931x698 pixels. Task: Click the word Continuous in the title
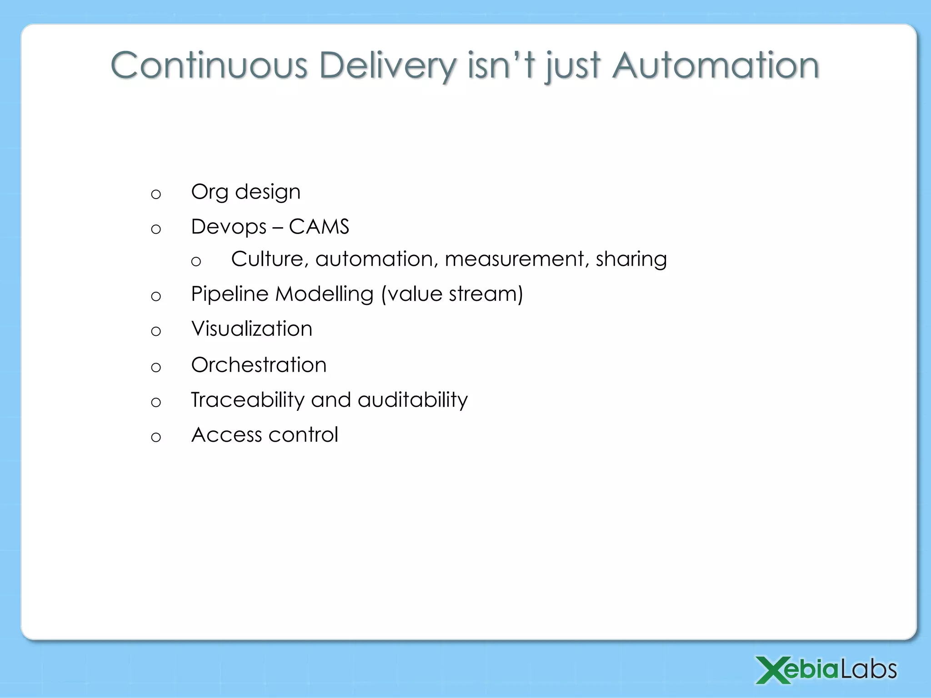click(209, 66)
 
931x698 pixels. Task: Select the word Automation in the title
click(716, 66)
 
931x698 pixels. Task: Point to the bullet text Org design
click(245, 192)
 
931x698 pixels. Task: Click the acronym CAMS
click(319, 227)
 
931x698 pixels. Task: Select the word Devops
click(229, 227)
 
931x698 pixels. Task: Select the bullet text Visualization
click(251, 329)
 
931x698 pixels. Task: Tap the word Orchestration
click(259, 365)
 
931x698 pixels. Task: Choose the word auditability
click(412, 400)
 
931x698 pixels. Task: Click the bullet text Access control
click(265, 435)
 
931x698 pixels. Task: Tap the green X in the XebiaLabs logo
click(771, 670)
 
